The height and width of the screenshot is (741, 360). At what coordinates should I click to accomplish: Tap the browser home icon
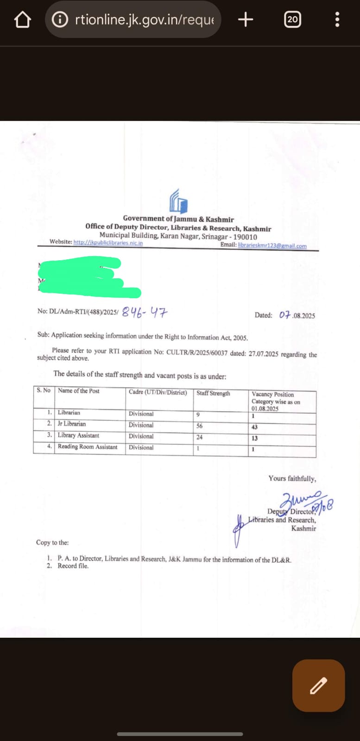[x=22, y=19]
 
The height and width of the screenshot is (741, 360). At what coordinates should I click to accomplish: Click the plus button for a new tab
[x=246, y=19]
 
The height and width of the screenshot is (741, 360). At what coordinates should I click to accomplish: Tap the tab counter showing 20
[x=292, y=19]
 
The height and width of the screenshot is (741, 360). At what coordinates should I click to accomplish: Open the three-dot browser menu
[x=337, y=19]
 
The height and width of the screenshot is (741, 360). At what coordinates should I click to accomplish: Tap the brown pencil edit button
[x=319, y=685]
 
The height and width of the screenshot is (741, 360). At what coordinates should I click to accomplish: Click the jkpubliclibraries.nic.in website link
[x=108, y=243]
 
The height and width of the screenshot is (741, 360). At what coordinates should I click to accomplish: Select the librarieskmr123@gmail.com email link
[x=272, y=245]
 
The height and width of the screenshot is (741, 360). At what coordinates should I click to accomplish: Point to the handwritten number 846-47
[x=144, y=313]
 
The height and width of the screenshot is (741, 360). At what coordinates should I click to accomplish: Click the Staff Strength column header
[x=213, y=393]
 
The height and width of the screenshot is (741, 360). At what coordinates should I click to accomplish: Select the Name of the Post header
[x=79, y=391]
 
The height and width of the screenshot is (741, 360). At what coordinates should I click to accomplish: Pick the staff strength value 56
[x=199, y=426]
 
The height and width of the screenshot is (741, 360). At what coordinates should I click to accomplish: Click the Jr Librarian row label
[x=72, y=424]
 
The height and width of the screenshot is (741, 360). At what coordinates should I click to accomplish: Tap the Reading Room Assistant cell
[x=88, y=447]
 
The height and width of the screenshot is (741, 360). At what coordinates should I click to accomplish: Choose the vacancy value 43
[x=254, y=427]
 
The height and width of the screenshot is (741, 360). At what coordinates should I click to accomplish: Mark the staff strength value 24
[x=199, y=437]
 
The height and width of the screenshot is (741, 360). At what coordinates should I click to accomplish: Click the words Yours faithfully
[x=292, y=478]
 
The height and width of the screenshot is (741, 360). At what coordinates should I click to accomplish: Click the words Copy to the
[x=52, y=542]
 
